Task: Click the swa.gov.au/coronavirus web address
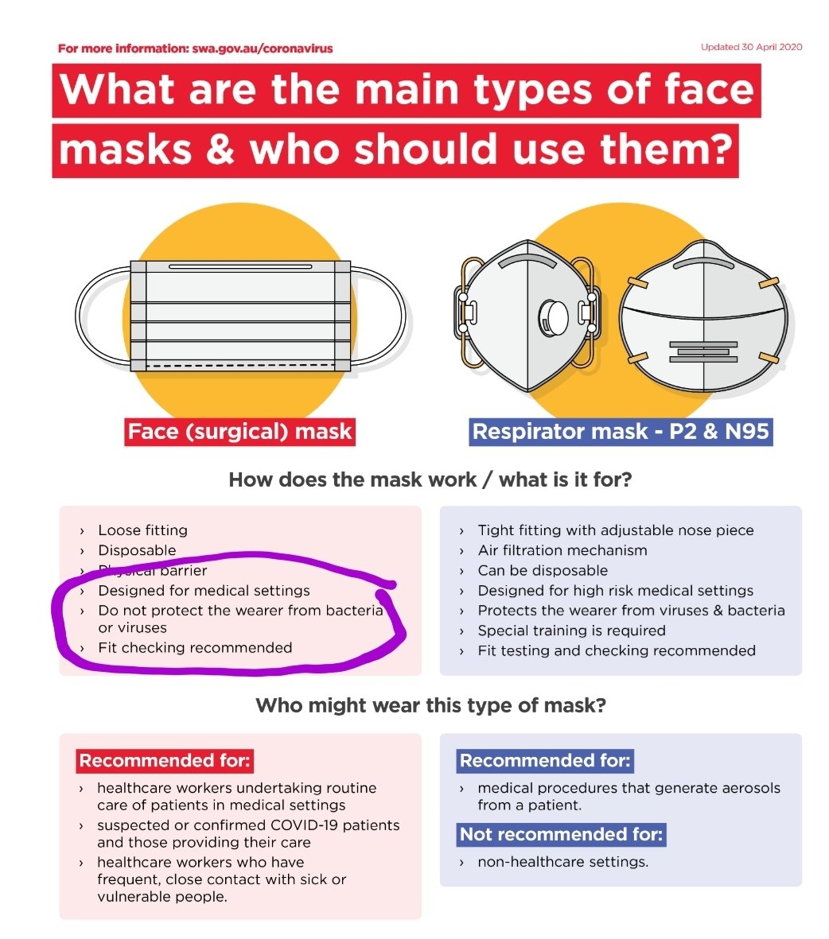(263, 49)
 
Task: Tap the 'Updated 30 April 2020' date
(751, 47)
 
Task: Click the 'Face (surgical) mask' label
(239, 432)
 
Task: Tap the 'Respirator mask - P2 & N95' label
(621, 432)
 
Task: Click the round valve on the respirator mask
(553, 316)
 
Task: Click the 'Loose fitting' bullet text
(143, 530)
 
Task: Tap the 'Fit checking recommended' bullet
(195, 648)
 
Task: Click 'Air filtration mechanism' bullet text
(562, 550)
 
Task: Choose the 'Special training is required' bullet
(571, 631)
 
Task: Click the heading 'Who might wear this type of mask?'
(430, 705)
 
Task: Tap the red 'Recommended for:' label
(165, 761)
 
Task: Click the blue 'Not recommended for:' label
(561, 835)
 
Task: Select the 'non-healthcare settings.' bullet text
(562, 861)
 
